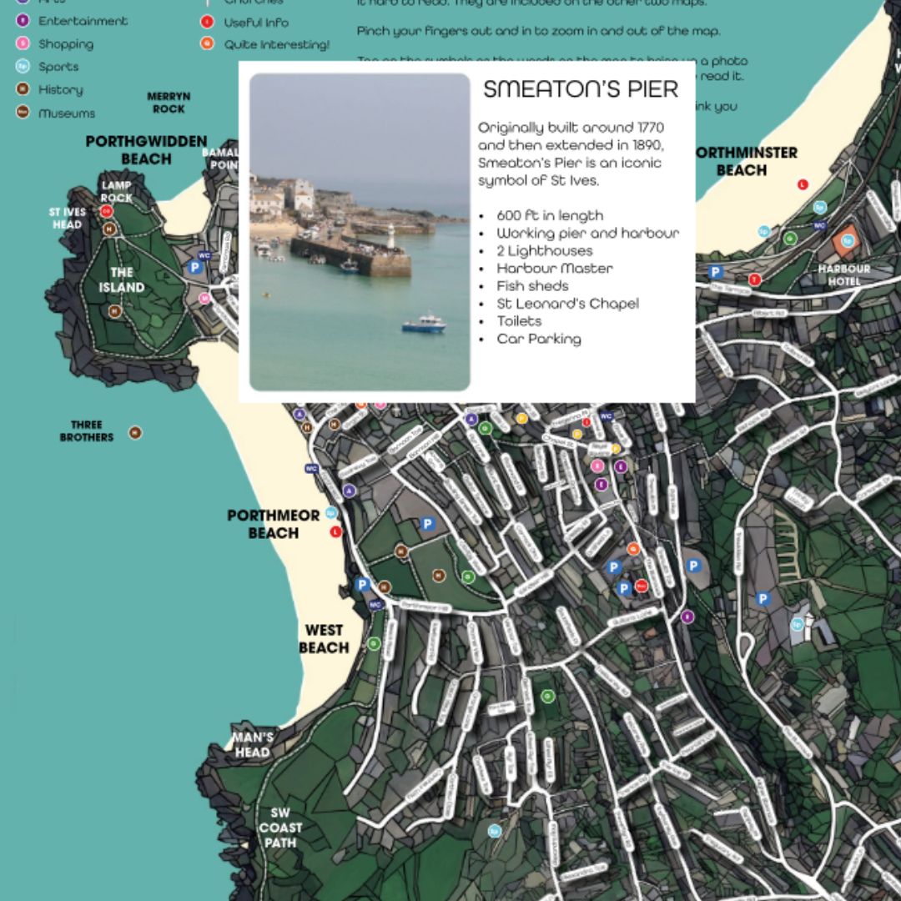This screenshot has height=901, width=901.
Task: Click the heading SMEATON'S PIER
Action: (x=581, y=89)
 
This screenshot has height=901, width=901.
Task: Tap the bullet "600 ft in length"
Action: (x=549, y=215)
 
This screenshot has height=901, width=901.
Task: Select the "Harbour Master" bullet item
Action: (x=554, y=268)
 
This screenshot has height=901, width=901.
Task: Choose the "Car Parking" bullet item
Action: (x=538, y=338)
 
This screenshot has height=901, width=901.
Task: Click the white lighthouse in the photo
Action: (x=390, y=235)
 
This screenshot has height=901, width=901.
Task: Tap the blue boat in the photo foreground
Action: (x=424, y=324)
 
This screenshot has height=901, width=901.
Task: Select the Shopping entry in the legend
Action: (x=65, y=43)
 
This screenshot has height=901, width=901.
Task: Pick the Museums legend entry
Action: (x=66, y=113)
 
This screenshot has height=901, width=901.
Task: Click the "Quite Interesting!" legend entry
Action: (x=276, y=44)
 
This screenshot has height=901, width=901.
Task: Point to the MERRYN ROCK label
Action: (x=169, y=103)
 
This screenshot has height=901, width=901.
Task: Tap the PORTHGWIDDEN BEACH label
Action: (x=146, y=150)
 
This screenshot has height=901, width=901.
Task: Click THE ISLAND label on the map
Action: (x=122, y=279)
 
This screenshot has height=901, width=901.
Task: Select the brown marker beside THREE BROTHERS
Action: (x=135, y=432)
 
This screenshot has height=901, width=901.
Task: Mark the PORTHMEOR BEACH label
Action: (x=273, y=524)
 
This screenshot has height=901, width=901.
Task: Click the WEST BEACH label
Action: (x=324, y=639)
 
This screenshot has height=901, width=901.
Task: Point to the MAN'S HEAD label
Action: (x=252, y=744)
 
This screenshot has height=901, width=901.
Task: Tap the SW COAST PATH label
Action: (x=280, y=827)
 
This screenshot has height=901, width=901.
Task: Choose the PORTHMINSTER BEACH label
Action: (x=744, y=161)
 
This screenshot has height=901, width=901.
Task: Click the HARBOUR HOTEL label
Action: (x=843, y=274)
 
